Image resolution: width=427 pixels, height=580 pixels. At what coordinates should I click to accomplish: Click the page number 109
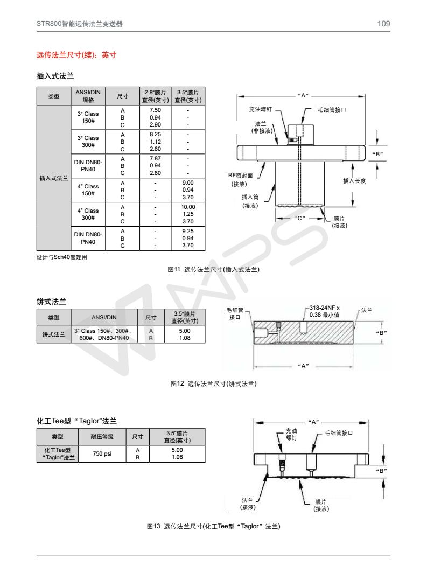383,24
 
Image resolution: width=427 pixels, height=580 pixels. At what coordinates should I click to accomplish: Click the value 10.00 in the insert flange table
188,207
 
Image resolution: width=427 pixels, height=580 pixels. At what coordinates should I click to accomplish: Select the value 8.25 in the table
155,134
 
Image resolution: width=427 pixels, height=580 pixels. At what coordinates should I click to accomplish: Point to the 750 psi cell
102,454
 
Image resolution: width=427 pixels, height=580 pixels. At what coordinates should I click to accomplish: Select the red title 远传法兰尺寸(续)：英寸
76,55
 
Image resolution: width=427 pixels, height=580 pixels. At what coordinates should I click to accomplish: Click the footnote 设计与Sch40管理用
62,257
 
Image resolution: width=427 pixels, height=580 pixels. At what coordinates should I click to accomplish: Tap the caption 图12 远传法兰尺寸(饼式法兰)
213,384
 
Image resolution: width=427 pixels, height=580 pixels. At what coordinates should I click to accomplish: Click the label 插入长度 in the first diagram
354,181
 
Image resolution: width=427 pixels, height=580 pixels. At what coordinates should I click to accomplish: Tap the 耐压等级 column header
102,436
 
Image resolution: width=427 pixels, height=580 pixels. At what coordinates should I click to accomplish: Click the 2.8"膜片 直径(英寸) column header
155,96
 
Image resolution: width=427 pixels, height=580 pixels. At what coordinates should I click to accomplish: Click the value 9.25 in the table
188,230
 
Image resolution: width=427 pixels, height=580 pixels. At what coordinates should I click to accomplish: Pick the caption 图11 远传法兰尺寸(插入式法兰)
214,269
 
